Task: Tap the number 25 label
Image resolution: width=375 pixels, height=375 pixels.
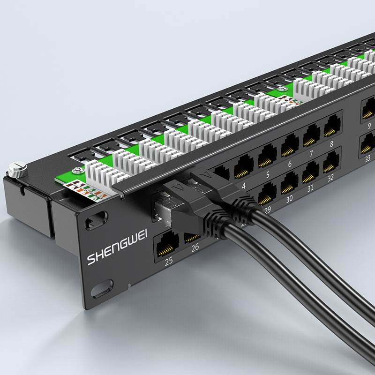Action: (x=169, y=261)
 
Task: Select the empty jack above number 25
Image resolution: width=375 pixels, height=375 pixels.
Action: (x=167, y=244)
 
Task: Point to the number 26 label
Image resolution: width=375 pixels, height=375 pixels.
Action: (x=195, y=247)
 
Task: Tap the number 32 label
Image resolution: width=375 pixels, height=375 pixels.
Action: (x=330, y=178)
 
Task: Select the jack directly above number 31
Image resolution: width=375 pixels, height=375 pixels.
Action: (x=310, y=172)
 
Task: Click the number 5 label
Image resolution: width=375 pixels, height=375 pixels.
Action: (x=268, y=175)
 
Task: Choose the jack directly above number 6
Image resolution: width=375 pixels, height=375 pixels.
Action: (x=290, y=146)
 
